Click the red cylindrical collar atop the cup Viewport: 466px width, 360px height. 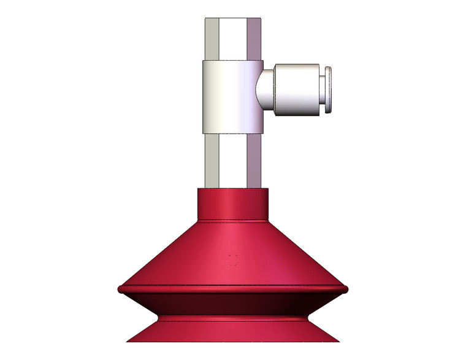tap(232, 202)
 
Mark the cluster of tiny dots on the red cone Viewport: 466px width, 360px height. tap(232, 259)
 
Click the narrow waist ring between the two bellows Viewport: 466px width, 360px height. tap(233, 318)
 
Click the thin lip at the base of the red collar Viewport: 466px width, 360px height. tap(232, 219)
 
